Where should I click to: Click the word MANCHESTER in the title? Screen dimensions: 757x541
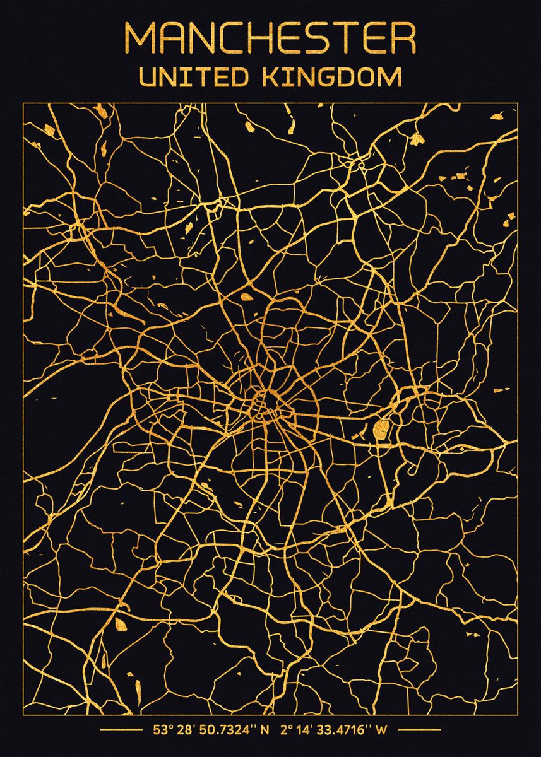point(270,38)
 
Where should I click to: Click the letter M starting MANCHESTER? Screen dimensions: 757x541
point(140,38)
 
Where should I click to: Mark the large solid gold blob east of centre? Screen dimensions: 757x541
point(381,430)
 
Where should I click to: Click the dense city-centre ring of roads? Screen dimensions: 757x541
point(265,404)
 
